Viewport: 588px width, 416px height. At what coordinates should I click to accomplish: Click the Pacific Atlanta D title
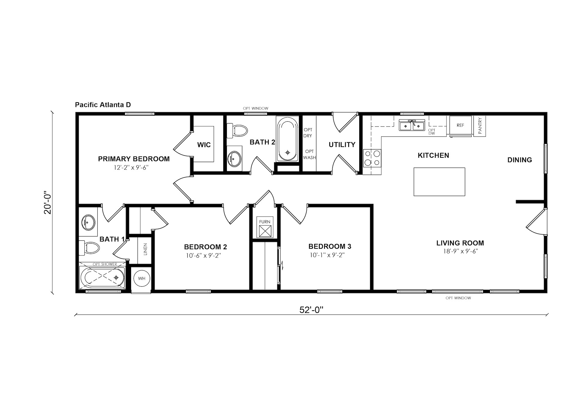tap(103, 105)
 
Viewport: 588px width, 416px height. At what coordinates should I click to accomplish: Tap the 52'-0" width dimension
tap(311, 310)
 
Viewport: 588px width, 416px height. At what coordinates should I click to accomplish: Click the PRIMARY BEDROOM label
tap(134, 159)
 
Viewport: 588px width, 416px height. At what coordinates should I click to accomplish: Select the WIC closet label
tap(204, 145)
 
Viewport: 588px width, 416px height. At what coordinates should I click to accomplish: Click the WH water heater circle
tap(142, 278)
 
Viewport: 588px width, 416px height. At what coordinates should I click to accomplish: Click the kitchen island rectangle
tap(439, 182)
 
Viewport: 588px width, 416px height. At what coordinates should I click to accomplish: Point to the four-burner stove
tap(372, 158)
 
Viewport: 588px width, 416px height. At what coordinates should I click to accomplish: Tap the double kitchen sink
tap(412, 125)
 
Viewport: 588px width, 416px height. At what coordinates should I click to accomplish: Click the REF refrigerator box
tap(460, 125)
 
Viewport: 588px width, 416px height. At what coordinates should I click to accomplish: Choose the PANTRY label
tap(480, 126)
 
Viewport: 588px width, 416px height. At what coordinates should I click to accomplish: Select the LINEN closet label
tap(145, 249)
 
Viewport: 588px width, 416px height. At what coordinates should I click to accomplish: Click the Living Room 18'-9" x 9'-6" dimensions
tap(460, 251)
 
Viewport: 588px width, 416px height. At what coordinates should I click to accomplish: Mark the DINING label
tap(520, 160)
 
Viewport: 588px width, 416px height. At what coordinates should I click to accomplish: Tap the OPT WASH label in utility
tap(309, 154)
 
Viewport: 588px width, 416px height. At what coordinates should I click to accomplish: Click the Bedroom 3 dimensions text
tap(327, 255)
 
